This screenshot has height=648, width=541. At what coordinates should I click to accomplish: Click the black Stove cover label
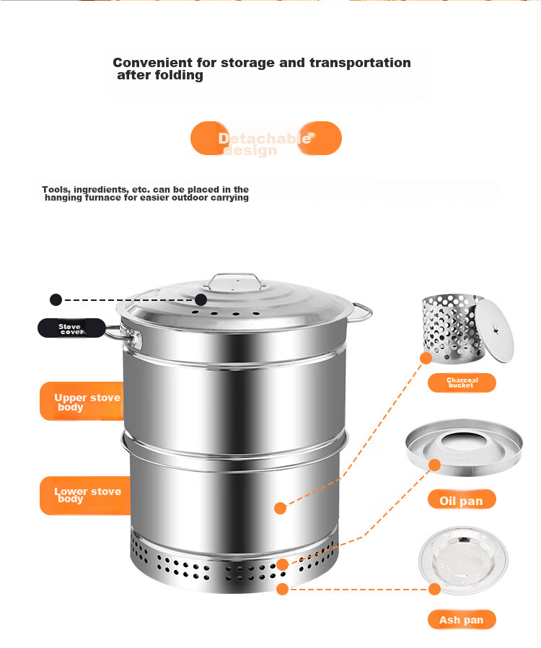71,328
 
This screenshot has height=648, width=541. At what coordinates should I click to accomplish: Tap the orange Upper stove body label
82,401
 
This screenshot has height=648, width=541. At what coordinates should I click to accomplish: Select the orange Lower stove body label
85,496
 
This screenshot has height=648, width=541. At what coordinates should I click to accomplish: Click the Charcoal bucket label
462,382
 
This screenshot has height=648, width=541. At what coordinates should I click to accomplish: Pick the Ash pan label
462,619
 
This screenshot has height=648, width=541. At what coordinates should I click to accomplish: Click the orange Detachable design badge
266,139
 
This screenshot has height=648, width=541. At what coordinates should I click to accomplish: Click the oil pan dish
465,447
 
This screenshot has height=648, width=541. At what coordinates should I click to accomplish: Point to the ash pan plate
463,561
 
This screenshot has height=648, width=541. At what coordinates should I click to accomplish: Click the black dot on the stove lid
201,299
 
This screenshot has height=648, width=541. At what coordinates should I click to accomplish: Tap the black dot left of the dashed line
56,299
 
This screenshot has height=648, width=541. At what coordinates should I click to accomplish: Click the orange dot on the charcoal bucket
426,358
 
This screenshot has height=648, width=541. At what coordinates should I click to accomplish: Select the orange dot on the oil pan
434,465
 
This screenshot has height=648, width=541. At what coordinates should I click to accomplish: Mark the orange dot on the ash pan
434,589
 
